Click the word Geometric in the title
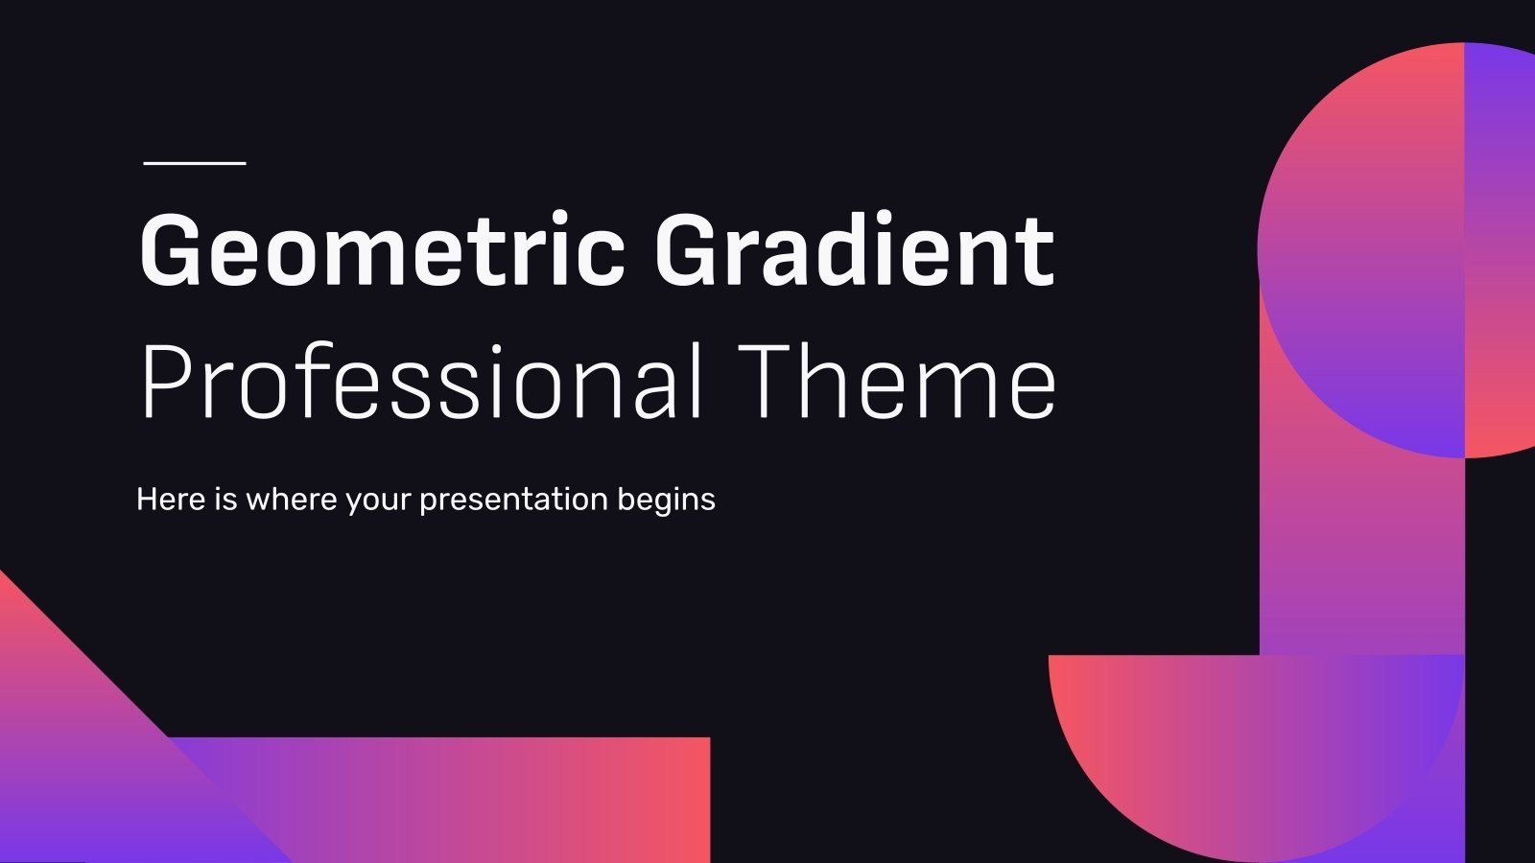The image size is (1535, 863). (382, 251)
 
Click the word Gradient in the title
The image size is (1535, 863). (854, 251)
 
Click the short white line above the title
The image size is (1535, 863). (195, 163)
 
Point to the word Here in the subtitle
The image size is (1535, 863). (171, 500)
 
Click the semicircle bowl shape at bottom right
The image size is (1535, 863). (1247, 748)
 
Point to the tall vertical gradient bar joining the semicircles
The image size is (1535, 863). (1362, 556)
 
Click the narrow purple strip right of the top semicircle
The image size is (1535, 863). (1500, 249)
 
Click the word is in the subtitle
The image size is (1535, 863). (225, 500)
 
